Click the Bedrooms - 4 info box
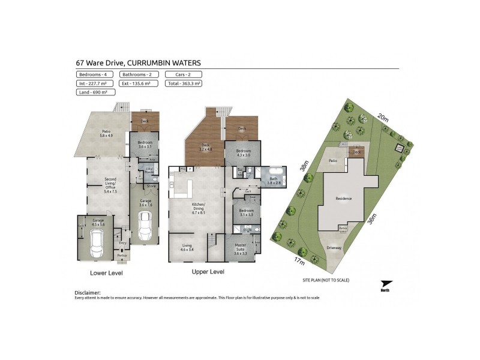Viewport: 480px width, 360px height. click(x=92, y=74)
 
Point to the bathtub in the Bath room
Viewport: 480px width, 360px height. click(x=278, y=174)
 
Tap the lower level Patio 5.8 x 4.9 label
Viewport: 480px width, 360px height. click(x=106, y=133)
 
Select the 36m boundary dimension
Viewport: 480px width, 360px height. click(x=373, y=220)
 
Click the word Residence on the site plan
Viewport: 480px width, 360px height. click(x=344, y=198)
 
